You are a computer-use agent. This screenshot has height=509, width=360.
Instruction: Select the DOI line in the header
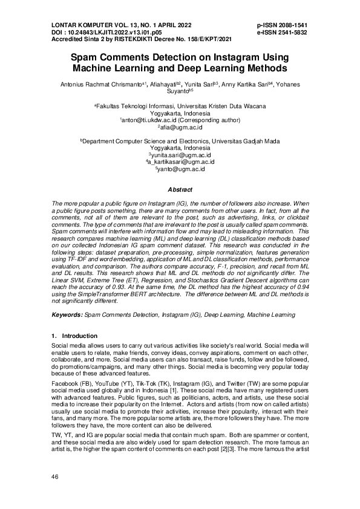[107, 32]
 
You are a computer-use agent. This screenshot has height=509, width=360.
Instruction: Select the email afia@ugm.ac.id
[180, 128]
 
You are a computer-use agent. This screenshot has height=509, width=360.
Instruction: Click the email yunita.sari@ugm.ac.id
[181, 155]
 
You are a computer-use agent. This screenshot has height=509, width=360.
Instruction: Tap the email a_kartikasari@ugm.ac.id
[180, 163]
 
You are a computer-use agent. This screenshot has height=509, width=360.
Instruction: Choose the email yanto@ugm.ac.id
[180, 170]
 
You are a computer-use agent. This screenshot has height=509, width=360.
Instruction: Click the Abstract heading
[180, 189]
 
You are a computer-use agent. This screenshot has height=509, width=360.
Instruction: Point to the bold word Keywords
[67, 315]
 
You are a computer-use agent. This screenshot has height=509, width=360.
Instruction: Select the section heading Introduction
[80, 336]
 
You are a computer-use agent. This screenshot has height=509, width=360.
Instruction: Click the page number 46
[55, 477]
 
